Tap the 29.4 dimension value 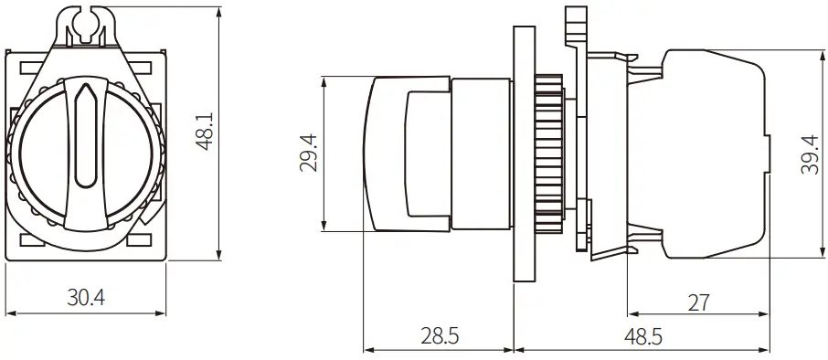(x=309, y=153)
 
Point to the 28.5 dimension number (x=440, y=336)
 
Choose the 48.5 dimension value (x=643, y=336)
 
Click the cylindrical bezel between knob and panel (x=482, y=153)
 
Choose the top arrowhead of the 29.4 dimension (x=324, y=80)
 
